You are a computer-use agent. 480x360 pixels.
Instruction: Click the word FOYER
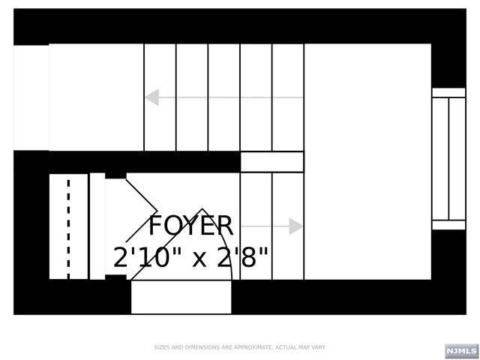point(190,226)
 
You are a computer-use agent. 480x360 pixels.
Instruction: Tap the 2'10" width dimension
point(142,256)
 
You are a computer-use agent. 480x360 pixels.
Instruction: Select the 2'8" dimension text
point(242,256)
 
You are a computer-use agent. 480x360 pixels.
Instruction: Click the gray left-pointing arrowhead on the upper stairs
point(152,97)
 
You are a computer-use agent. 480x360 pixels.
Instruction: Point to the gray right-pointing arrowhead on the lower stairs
point(295,226)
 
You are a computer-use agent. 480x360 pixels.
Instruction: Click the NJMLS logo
point(462,351)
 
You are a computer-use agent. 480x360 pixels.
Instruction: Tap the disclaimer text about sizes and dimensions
point(240,347)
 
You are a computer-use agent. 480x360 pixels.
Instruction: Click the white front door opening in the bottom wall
point(181,297)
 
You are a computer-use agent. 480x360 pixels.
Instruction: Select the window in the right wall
point(448,158)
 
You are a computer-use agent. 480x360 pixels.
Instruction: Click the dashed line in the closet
point(68,229)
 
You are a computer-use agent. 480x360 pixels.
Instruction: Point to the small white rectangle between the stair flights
point(272,162)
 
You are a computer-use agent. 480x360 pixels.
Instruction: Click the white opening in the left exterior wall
point(31,97)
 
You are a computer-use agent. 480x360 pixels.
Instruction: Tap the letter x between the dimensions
point(199,259)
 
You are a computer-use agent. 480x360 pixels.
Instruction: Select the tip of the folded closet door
point(157,211)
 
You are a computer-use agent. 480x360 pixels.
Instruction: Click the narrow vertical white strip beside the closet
point(97,226)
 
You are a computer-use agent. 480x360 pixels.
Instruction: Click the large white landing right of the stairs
point(367,162)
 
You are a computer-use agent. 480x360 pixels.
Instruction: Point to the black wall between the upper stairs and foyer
point(145,162)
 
